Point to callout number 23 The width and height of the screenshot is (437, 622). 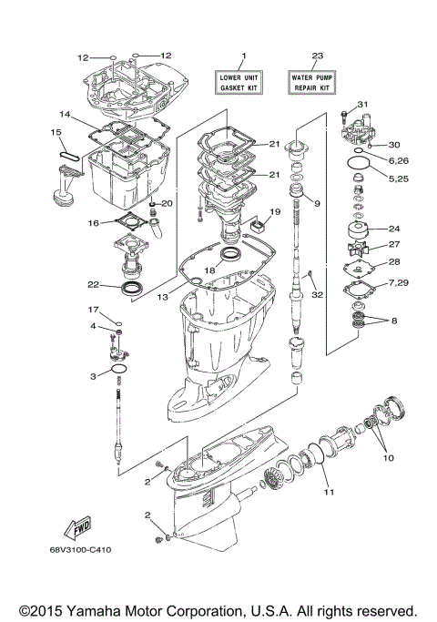tap(317, 56)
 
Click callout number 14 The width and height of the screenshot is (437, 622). tap(65, 115)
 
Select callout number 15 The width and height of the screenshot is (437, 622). tap(56, 133)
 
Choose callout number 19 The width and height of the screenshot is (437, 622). tap(275, 212)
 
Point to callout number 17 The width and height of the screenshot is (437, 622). tap(93, 310)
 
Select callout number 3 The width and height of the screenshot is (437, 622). tap(93, 376)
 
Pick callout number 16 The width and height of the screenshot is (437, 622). tap(93, 222)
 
